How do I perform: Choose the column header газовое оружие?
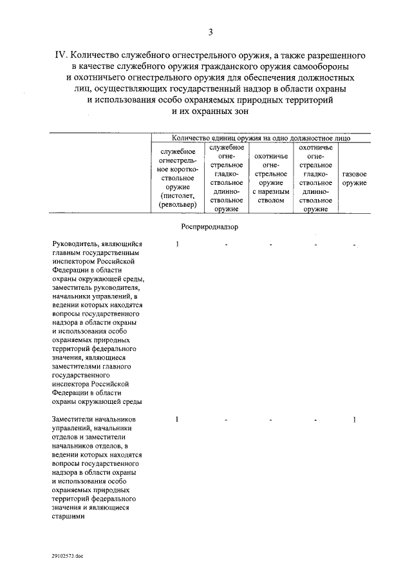(x=354, y=178)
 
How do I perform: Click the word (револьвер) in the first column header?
(x=177, y=204)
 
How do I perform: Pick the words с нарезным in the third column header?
(x=270, y=191)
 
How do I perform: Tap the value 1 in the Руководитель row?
(x=177, y=245)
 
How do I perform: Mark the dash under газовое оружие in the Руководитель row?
(x=355, y=245)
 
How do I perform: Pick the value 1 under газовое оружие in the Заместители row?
(x=355, y=420)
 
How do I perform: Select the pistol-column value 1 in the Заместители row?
(x=177, y=420)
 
